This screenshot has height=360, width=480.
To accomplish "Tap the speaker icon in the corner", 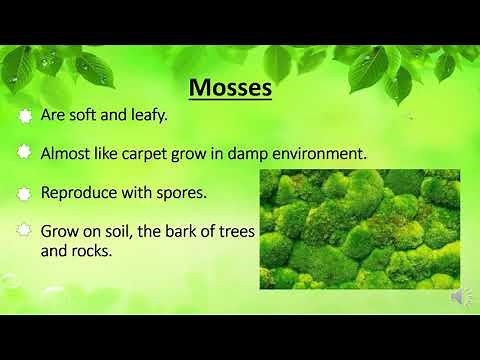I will click(461, 296).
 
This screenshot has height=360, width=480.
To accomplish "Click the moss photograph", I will click(359, 229).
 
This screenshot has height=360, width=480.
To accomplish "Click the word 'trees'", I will click(236, 230).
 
